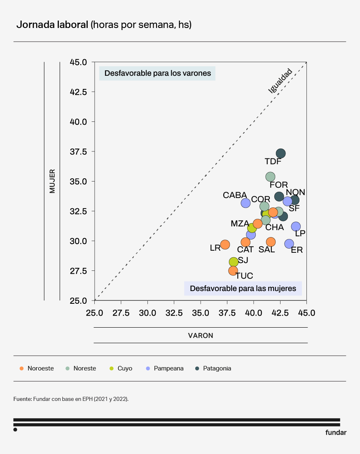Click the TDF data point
(x=281, y=154)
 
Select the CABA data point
(x=246, y=203)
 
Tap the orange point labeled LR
(x=225, y=244)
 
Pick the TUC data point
(x=233, y=270)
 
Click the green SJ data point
(x=234, y=262)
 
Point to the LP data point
(x=296, y=226)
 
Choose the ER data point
(x=289, y=244)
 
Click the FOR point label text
(x=279, y=185)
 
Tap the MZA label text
(x=240, y=224)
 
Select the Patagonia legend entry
(x=217, y=368)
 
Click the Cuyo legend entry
(x=125, y=368)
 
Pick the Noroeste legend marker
(x=21, y=368)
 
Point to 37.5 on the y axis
(x=79, y=151)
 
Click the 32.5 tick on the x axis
(x=174, y=313)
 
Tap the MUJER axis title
(x=52, y=181)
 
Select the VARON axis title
(x=201, y=335)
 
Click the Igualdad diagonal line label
(x=280, y=81)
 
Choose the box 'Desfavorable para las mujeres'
(x=243, y=289)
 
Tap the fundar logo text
(x=336, y=433)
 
